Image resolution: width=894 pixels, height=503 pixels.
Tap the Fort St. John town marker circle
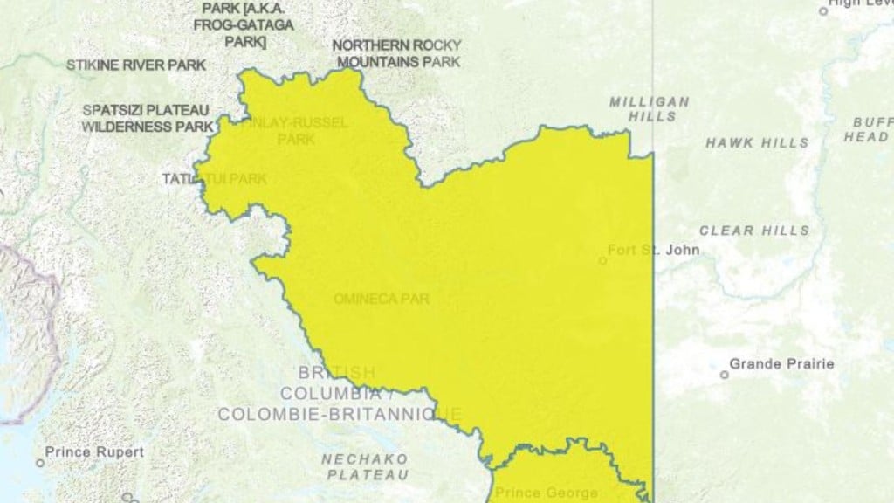coord(602,260)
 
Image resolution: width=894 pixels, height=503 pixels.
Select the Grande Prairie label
coord(781,364)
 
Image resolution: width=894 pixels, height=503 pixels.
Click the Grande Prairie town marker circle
coord(724,375)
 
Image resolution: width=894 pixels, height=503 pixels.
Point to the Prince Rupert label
coord(94,452)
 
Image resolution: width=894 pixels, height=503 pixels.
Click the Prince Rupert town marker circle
coord(40,462)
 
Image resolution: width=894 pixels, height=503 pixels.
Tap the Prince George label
coord(547,493)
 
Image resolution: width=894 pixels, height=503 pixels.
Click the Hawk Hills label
coord(757,142)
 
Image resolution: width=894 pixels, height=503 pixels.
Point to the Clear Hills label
coord(753,231)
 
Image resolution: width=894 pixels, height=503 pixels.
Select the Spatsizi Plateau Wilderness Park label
coord(147,118)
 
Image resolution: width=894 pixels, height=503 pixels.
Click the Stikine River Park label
coord(136,65)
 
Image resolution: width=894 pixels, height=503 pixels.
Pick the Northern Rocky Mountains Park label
coord(397,53)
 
